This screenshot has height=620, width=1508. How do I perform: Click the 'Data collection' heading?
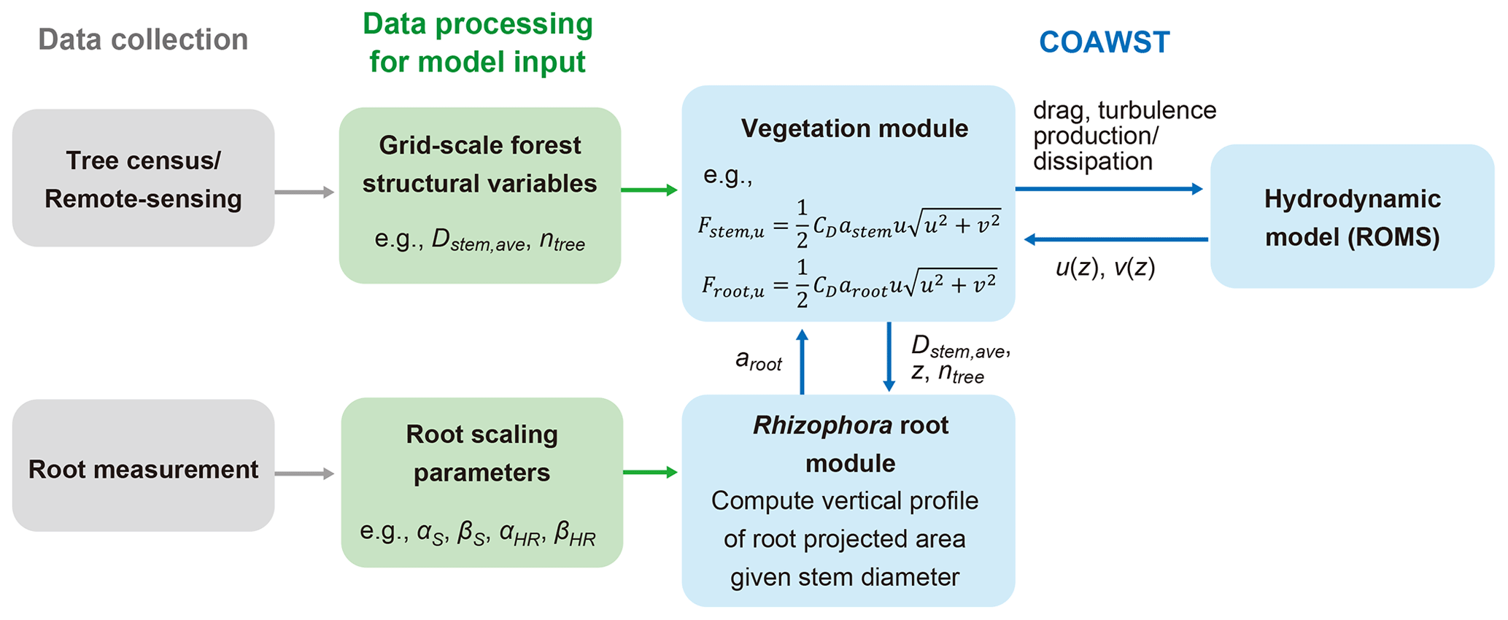point(143,39)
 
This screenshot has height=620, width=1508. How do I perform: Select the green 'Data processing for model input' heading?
point(478,43)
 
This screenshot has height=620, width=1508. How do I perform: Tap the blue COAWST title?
point(1104,42)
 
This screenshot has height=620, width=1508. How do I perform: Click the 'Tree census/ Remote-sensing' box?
point(143,179)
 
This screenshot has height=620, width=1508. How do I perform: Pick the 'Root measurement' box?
point(143,469)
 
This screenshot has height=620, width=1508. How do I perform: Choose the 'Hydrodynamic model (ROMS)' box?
point(1352,217)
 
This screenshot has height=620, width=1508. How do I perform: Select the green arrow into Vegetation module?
point(649,190)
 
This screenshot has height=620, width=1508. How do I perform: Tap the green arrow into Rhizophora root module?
point(650,473)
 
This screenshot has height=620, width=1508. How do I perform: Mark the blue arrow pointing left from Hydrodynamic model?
point(1116,239)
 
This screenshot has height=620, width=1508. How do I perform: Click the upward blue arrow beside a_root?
point(802,361)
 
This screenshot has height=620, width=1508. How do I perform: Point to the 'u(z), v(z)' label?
point(1105,268)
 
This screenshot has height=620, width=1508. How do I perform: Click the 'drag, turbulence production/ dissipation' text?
point(1124,136)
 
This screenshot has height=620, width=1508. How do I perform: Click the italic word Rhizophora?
point(822,425)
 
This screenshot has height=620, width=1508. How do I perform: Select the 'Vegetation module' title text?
point(854,129)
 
